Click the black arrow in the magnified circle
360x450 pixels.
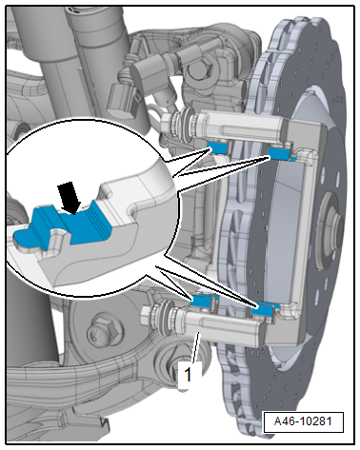tap(70, 197)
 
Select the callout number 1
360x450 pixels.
tap(188, 375)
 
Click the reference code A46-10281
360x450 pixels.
tap(303, 421)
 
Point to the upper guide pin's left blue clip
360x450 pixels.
tap(216, 147)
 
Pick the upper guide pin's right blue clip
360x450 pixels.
tap(280, 153)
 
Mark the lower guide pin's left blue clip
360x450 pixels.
tap(203, 301)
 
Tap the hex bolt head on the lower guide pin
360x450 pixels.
tap(146, 314)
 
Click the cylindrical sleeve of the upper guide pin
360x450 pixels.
tap(241, 127)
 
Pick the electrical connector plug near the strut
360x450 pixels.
tap(122, 94)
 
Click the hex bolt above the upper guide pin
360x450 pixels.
tap(197, 71)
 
